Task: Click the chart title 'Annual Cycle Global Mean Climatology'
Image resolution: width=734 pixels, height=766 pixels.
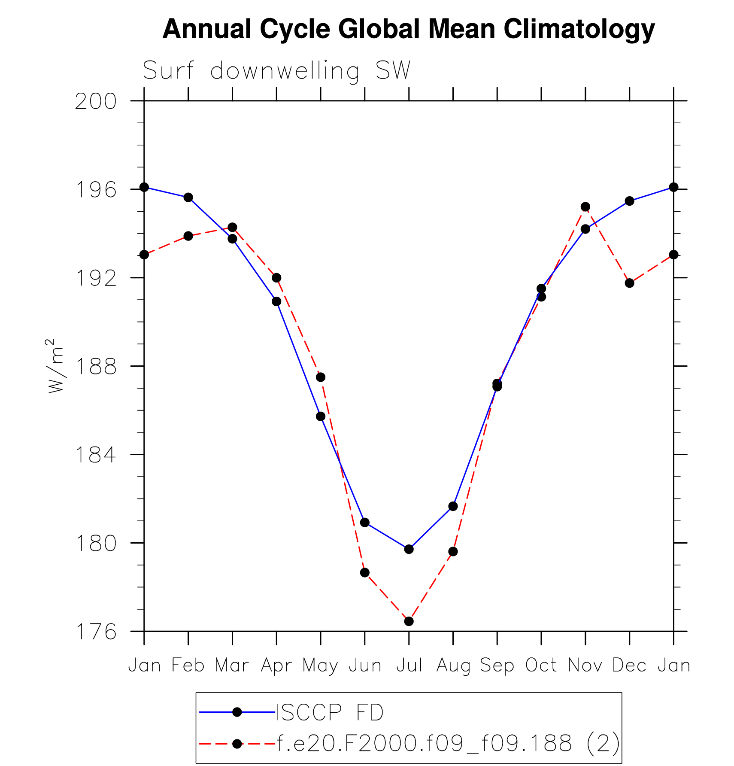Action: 409,29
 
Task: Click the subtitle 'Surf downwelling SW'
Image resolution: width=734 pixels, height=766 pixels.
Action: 276,70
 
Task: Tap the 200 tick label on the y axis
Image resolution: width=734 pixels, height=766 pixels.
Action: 96,102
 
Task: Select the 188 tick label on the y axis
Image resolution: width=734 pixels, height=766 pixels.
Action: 96,367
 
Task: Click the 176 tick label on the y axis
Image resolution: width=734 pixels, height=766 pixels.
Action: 96,632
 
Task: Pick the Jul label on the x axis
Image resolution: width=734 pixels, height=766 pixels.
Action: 409,666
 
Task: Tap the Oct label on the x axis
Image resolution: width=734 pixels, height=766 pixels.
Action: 541,666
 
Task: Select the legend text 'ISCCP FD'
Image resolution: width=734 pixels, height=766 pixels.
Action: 330,713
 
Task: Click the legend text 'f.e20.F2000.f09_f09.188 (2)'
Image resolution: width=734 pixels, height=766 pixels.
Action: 448,743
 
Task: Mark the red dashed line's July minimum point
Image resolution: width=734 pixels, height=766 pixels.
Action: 409,621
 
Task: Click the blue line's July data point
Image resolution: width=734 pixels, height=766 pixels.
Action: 409,549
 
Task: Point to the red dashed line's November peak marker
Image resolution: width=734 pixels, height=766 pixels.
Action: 585,207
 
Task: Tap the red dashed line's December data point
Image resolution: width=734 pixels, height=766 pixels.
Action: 630,283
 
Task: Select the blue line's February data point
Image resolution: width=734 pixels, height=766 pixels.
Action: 188,198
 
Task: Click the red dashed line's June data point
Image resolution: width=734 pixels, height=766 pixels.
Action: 365,573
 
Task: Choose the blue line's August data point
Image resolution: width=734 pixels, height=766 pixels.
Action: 453,506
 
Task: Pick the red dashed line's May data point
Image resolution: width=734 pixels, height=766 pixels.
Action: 321,377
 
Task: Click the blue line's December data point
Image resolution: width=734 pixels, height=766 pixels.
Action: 630,201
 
